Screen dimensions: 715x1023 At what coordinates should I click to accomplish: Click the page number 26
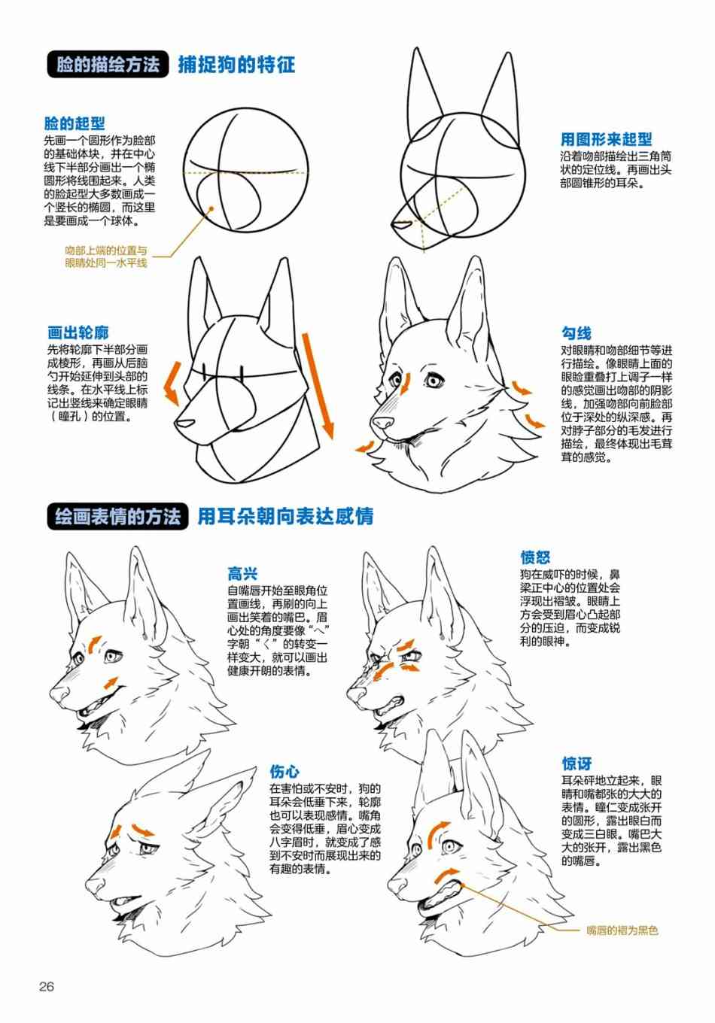[47, 987]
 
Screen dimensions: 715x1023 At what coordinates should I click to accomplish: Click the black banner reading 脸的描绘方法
[108, 64]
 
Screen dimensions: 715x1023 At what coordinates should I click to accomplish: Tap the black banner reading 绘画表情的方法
[117, 517]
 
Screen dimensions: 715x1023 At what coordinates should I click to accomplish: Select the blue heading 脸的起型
[75, 123]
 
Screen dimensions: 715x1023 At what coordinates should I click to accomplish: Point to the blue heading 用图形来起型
[607, 139]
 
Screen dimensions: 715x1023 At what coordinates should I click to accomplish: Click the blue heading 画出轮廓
[78, 332]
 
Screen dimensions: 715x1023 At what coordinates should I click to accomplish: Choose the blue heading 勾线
[576, 333]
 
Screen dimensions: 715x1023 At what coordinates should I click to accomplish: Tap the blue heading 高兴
[242, 574]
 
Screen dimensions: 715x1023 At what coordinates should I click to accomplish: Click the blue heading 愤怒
[535, 557]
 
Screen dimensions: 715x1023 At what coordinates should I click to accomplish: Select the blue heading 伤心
[284, 772]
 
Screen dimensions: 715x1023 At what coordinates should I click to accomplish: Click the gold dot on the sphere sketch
[211, 208]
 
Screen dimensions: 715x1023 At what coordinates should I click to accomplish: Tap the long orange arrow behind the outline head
[318, 386]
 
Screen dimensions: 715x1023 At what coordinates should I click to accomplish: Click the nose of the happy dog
[59, 694]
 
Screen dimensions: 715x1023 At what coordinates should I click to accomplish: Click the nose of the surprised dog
[397, 885]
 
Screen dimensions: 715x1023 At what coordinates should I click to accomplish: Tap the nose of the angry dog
[356, 694]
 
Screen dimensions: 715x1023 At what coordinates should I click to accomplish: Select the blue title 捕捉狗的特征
[236, 65]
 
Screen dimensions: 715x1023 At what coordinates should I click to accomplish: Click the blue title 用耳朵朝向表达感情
[285, 517]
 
